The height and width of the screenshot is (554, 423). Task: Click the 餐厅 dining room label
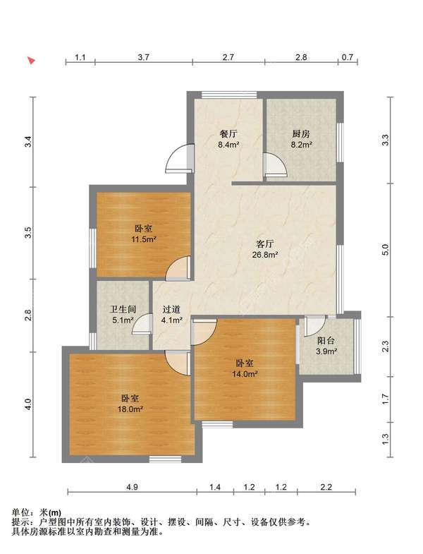tap(228, 134)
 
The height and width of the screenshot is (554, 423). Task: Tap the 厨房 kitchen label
tap(301, 134)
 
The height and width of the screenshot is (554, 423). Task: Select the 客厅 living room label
tap(265, 243)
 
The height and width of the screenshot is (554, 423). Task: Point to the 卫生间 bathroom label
tap(123, 310)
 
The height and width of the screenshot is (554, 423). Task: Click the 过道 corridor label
tap(171, 310)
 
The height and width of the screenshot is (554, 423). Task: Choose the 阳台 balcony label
tap(326, 341)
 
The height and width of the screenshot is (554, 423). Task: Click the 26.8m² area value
tap(265, 254)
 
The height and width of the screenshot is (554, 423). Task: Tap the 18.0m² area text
tap(130, 409)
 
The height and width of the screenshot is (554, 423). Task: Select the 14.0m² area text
tap(245, 374)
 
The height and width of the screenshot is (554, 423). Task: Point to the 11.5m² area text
tap(144, 239)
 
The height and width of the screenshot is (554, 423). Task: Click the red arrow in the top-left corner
tap(32, 61)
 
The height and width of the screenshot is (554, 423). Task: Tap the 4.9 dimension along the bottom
tap(132, 487)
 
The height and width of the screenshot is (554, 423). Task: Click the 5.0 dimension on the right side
tap(385, 250)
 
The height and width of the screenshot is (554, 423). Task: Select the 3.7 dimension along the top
tap(143, 57)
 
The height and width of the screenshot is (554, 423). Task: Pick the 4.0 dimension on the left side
tap(28, 404)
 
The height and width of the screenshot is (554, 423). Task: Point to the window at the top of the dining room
tap(229, 95)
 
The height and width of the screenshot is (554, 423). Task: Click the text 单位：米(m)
tap(37, 512)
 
